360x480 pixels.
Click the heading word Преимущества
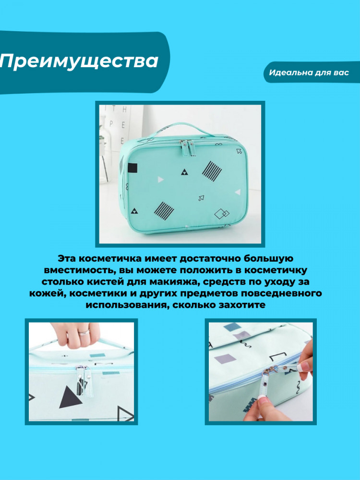click(79, 61)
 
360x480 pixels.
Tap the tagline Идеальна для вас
click(309, 72)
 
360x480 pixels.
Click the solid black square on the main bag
click(132, 168)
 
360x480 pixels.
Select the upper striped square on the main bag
click(212, 170)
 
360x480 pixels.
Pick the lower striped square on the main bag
click(164, 211)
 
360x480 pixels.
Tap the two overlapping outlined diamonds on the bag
click(222, 214)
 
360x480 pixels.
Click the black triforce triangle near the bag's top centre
click(184, 173)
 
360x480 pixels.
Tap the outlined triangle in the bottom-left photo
click(124, 413)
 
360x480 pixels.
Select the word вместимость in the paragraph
click(80, 270)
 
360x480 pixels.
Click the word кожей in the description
click(47, 293)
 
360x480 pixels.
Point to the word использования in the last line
click(126, 305)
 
